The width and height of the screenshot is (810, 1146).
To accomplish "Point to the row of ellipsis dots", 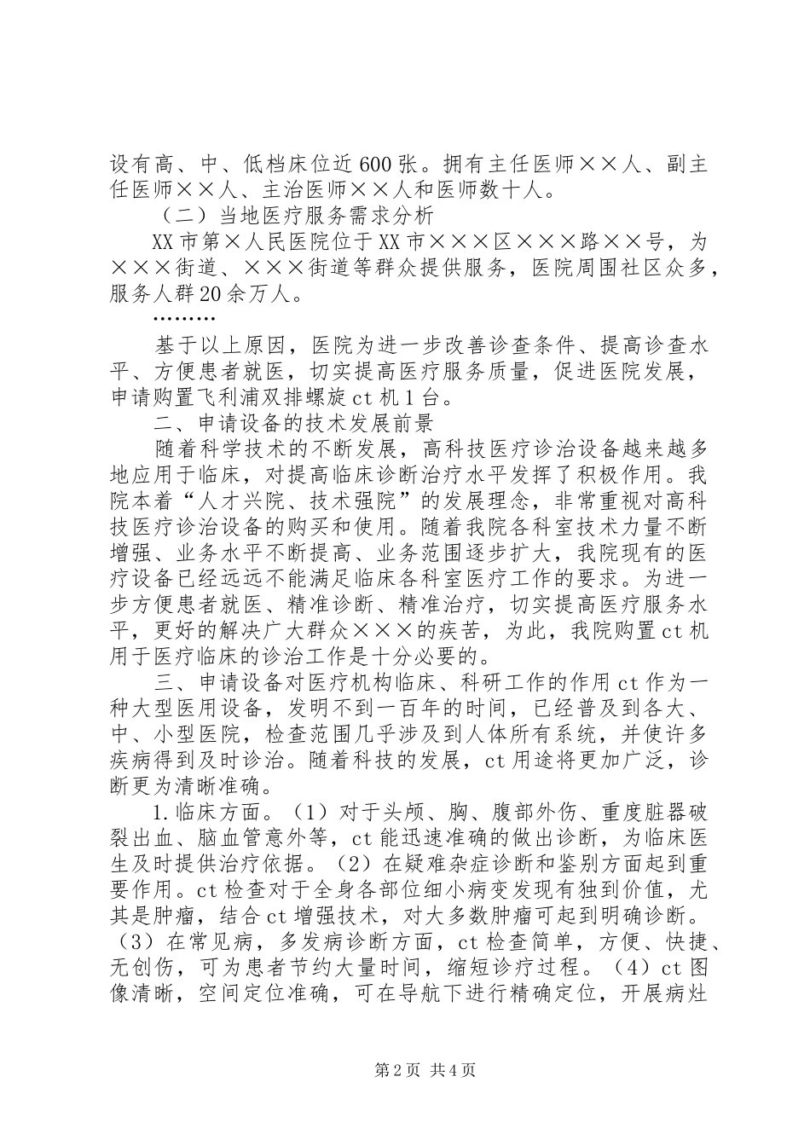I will click(x=184, y=319).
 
